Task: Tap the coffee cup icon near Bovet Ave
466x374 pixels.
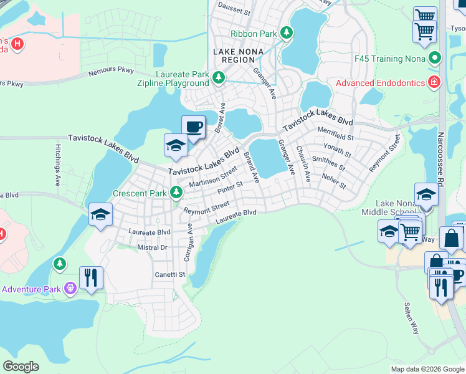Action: click(193, 127)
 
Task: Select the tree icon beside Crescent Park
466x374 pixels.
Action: click(177, 193)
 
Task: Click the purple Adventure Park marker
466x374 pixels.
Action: click(70, 288)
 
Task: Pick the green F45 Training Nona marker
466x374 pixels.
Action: click(435, 59)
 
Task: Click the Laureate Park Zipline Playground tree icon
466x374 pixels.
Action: click(218, 77)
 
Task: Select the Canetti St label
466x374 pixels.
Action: click(170, 274)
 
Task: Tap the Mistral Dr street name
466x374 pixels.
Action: click(152, 247)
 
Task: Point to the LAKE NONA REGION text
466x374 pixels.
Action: click(234, 55)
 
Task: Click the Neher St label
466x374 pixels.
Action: click(334, 182)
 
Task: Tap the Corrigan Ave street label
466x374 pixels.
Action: click(188, 244)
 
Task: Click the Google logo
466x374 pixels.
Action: click(21, 367)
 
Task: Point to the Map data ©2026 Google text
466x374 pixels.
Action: click(427, 369)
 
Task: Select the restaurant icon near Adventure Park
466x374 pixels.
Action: click(91, 277)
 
